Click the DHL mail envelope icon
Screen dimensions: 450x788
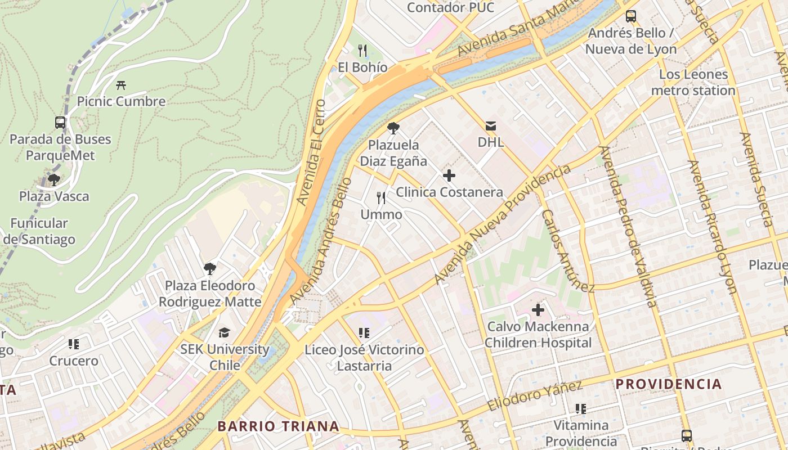coord(491,125)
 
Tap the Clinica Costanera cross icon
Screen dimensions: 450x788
coord(449,175)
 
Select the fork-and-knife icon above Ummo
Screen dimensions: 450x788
coord(381,198)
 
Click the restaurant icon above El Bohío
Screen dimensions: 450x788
coord(362,51)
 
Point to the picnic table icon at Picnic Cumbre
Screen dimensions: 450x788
coord(121,85)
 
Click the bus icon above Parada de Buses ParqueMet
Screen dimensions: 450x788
coord(60,122)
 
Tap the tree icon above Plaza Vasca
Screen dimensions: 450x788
coord(54,180)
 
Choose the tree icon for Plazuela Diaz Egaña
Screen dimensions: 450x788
coord(393,128)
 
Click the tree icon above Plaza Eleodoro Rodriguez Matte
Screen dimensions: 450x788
coord(210,268)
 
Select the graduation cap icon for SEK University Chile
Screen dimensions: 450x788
coord(224,332)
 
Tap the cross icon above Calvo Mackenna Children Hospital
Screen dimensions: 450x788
coord(538,309)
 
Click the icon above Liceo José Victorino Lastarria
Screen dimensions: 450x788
coord(364,333)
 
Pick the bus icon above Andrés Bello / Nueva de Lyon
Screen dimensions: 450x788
coord(631,16)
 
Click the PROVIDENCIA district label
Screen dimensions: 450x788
coord(668,384)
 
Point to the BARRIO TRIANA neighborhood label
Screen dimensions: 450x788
coord(279,426)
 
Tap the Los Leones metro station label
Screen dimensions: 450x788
coord(693,82)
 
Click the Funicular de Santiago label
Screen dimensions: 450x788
coord(39,231)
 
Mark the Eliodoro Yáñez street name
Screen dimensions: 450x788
coord(534,396)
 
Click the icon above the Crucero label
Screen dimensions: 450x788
coord(74,344)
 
